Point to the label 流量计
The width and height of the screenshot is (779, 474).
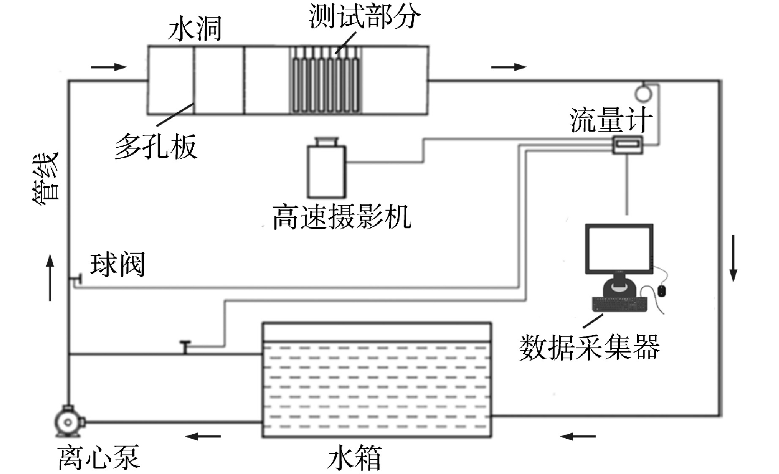[611, 120]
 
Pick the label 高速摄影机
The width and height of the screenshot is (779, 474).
[342, 217]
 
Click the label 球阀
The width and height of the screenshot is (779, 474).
[118, 265]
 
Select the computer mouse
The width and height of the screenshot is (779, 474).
[661, 291]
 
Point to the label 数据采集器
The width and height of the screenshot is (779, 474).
[589, 347]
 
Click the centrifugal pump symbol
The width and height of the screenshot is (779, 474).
[68, 422]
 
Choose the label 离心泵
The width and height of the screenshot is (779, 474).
[99, 457]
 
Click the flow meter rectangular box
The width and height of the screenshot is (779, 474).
[628, 145]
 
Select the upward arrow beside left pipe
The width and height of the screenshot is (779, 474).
[50, 277]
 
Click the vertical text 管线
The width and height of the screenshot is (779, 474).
[46, 176]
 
